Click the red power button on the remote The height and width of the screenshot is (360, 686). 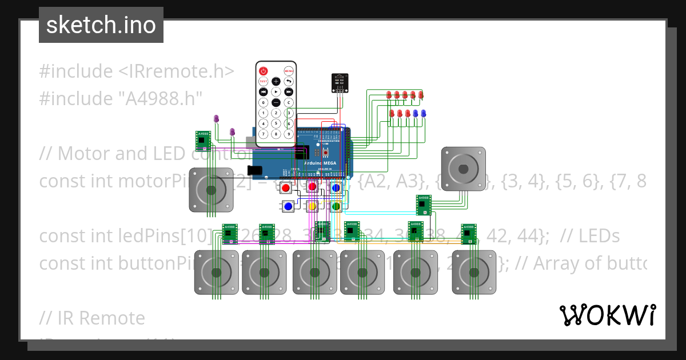pos(263,71)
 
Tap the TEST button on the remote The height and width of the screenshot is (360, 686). pos(263,82)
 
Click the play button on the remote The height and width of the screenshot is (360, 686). pos(276,91)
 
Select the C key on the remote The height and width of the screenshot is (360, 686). pos(289,102)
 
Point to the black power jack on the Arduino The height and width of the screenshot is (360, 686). pos(256,170)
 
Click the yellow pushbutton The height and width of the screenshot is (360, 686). pos(312,206)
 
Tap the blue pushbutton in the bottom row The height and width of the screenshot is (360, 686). pos(288,206)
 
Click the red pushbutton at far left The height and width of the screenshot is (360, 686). pos(286,187)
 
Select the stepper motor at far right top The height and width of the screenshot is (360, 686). pos(463,169)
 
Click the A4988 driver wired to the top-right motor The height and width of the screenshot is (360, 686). pos(424,202)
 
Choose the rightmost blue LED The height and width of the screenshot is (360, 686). pos(424,114)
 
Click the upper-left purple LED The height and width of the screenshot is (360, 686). pos(216,118)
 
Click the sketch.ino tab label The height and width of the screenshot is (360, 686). pos(101,25)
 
